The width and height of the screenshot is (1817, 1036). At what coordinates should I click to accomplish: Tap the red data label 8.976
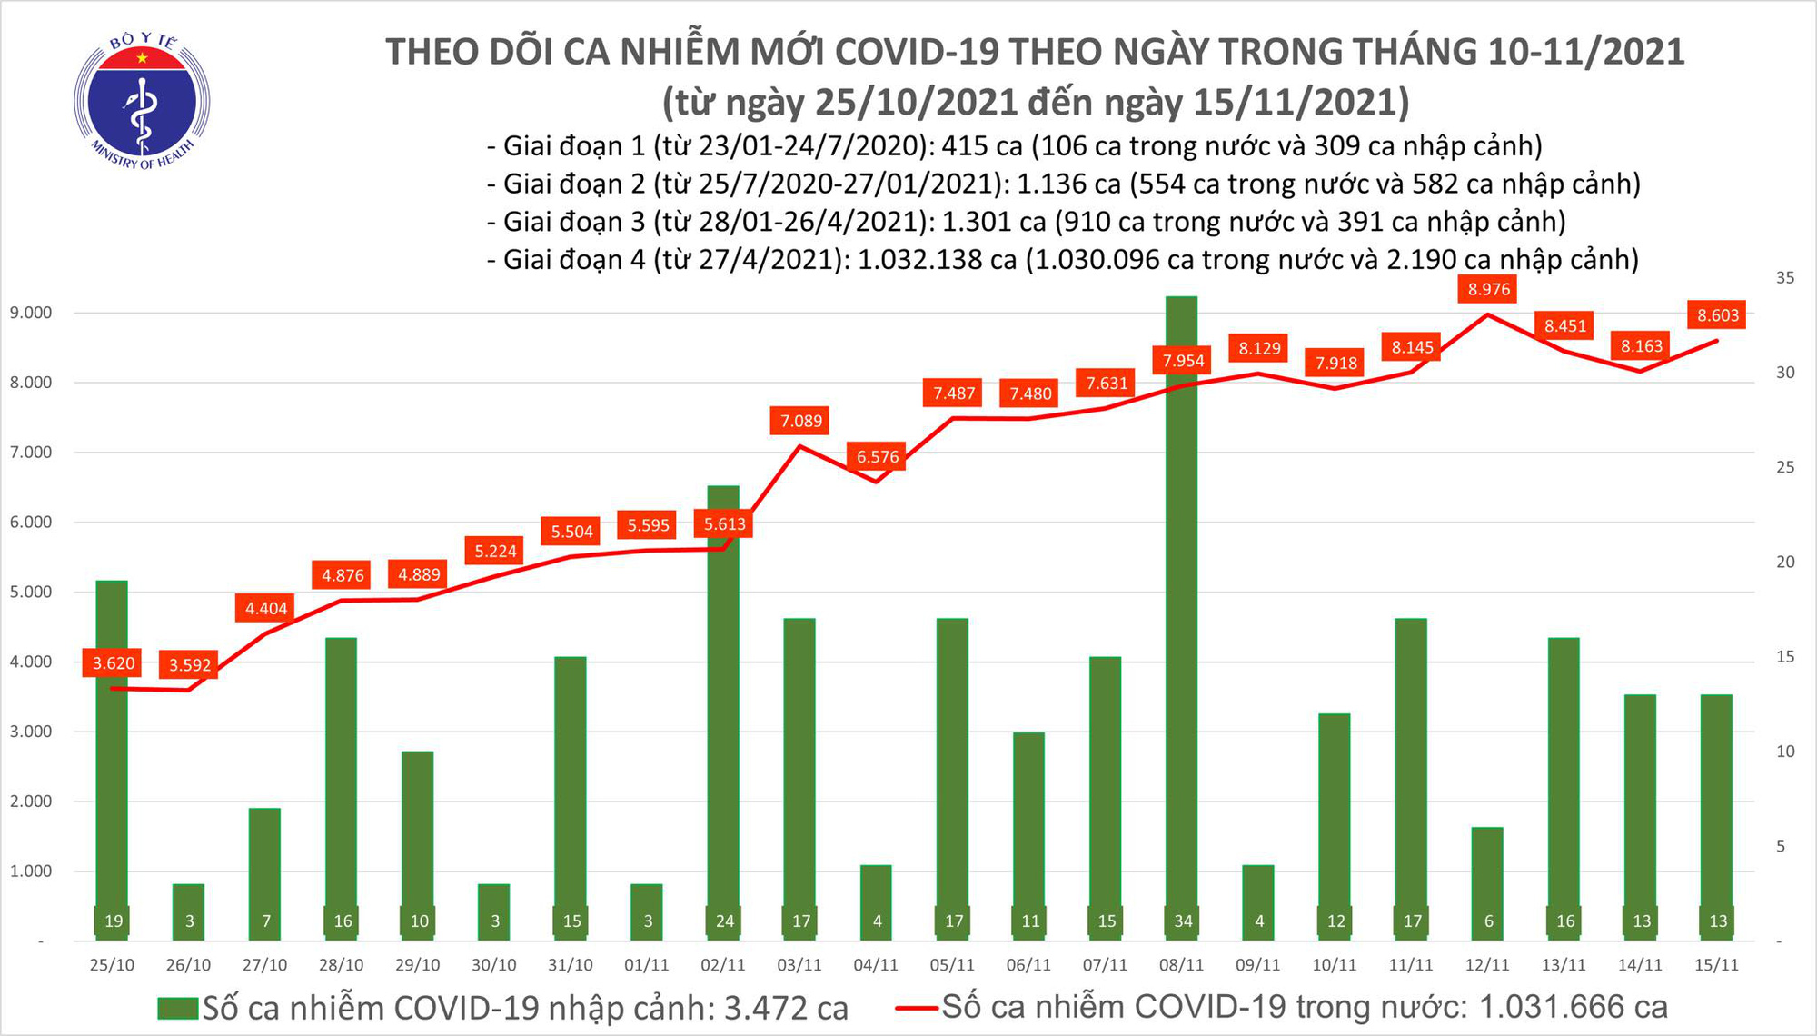pos(1489,290)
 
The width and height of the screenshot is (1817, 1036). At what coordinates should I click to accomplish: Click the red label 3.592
pos(190,665)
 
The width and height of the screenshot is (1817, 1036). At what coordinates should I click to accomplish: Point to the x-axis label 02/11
pos(724,965)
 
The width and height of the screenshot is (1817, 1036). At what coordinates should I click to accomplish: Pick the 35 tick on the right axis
pos(1784,278)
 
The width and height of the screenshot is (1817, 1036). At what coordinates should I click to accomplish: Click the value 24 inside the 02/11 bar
pos(724,921)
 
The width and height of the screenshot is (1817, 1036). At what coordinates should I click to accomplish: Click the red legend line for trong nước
pos(916,1007)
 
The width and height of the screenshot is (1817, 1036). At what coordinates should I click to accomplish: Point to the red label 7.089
pos(801,421)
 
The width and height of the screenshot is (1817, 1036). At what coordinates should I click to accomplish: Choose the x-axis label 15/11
pos(1716,965)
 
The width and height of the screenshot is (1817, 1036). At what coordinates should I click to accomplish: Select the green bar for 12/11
pos(1487,882)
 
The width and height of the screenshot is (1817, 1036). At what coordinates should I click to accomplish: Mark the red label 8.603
pos(1718,315)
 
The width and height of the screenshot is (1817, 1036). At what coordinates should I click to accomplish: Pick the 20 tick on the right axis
pos(1784,563)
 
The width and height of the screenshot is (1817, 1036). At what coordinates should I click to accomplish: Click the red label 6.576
pos(878,456)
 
